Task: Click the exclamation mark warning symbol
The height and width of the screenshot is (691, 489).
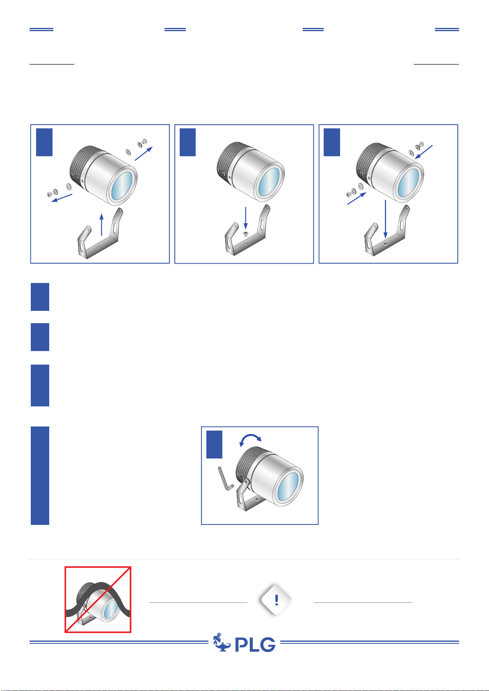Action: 276,600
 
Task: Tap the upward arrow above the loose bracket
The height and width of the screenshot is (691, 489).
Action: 101,224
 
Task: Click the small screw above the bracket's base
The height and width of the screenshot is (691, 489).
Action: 246,233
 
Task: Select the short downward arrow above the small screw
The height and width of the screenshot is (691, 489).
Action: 246,218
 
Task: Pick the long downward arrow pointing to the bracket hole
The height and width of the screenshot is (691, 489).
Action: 385,219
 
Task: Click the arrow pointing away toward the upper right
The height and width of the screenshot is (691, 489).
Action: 144,154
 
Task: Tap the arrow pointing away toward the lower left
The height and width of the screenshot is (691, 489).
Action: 62,198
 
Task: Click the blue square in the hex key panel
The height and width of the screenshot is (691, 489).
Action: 214,445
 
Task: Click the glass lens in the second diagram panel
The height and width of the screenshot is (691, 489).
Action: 269,182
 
